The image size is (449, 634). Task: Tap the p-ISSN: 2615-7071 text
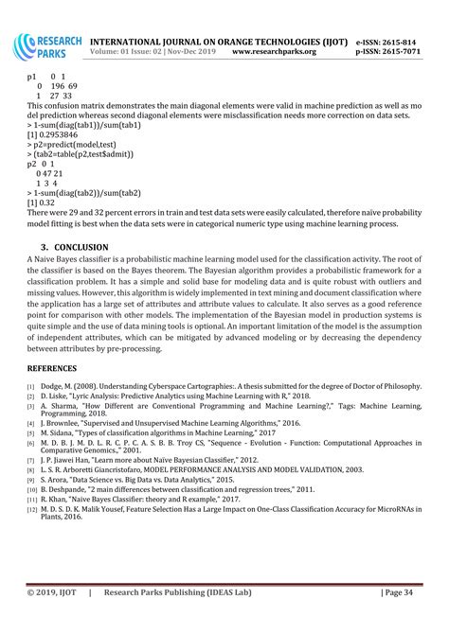pyautogui.click(x=395, y=54)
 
